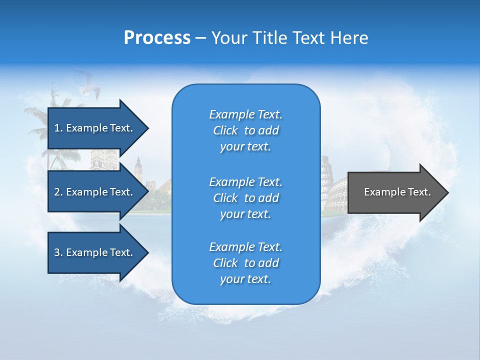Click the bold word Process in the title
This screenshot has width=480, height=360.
click(157, 38)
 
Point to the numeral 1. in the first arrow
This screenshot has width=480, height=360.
click(58, 128)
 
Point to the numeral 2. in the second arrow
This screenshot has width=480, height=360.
click(58, 192)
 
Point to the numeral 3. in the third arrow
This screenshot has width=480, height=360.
click(58, 252)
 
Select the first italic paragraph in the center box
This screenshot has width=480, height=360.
click(245, 130)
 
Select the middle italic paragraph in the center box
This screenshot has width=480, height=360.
click(245, 198)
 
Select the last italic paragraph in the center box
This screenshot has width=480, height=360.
click(245, 263)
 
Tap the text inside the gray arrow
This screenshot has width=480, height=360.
click(397, 192)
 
